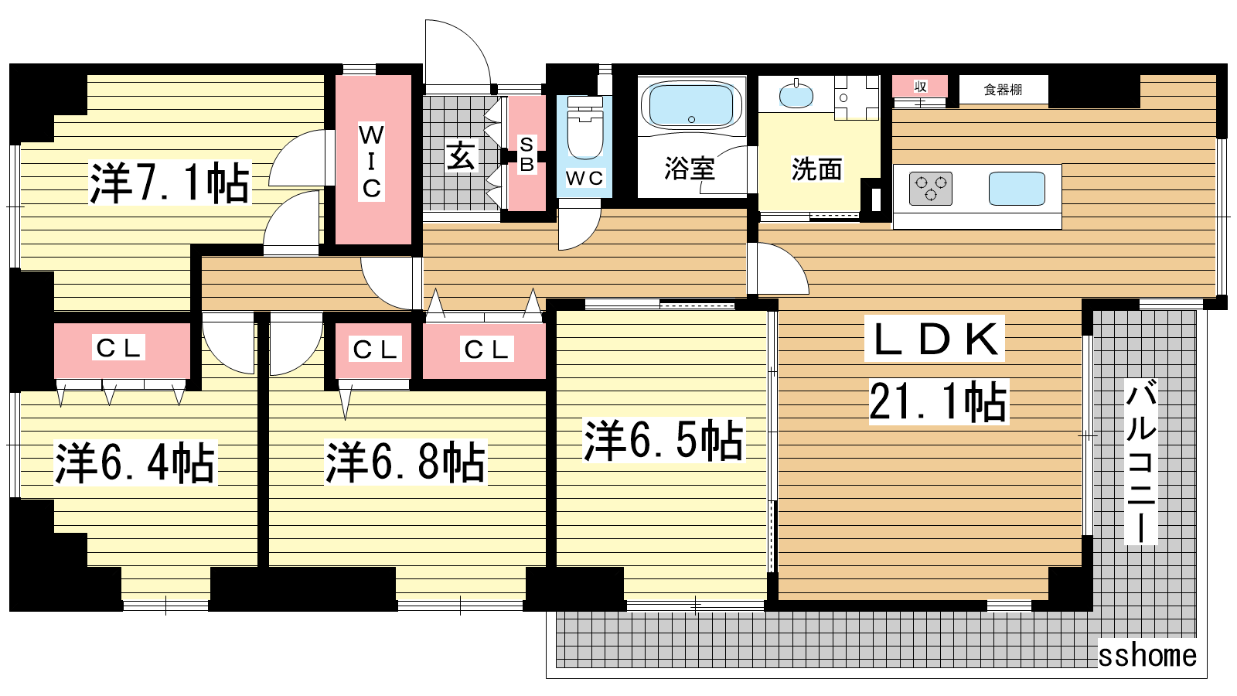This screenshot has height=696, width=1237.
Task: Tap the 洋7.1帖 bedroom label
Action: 170,183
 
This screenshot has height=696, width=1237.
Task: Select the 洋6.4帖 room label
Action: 135,463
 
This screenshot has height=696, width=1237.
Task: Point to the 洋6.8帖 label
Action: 405,462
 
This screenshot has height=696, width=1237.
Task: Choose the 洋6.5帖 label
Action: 664,440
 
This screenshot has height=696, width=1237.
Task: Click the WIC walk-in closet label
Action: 372,162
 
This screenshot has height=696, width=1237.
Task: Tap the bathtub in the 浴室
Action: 691,106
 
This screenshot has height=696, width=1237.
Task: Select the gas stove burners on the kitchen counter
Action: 931,189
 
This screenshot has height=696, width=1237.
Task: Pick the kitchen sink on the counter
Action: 1017,189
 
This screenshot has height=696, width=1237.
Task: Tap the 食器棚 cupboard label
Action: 1003,90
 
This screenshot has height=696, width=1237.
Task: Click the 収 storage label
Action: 920,87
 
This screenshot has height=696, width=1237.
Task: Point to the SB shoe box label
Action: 526,154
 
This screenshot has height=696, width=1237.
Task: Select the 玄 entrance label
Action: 461,155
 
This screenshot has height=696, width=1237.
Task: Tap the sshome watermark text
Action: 1147,656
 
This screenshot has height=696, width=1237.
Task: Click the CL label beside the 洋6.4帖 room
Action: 118,348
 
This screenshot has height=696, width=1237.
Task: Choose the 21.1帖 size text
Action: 939,401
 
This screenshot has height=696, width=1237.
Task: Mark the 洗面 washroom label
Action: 816,169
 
